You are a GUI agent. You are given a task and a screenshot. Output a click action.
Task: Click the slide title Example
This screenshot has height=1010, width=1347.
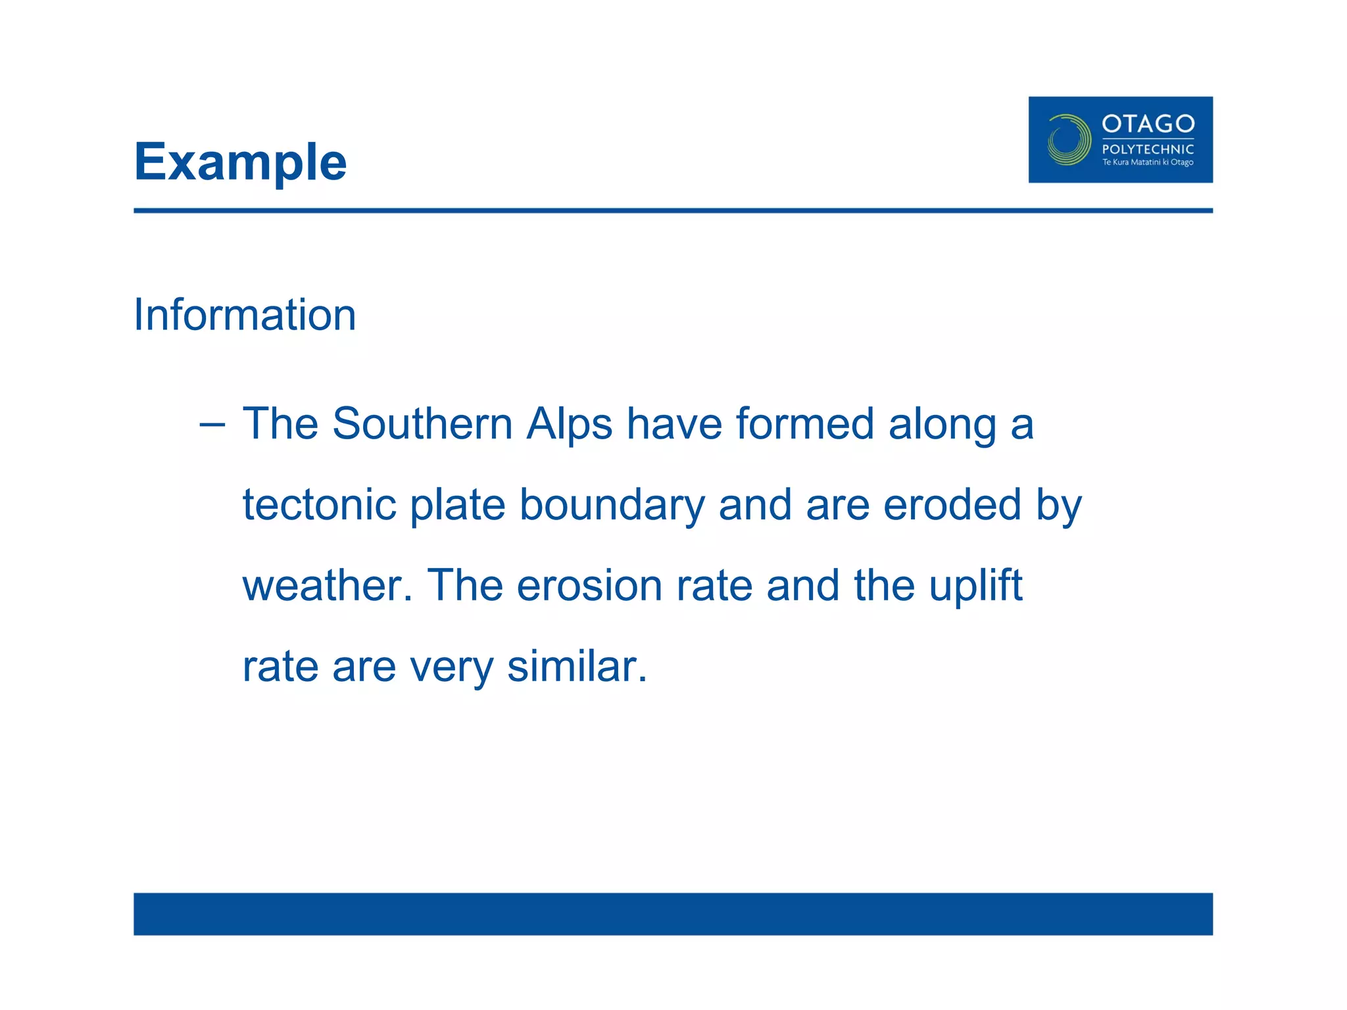pyautogui.click(x=240, y=162)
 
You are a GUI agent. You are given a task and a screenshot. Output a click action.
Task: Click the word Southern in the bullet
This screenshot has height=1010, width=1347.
pyautogui.click(x=422, y=423)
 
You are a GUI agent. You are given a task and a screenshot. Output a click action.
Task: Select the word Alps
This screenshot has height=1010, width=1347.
pyautogui.click(x=569, y=425)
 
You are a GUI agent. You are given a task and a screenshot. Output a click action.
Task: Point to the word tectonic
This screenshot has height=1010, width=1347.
pyautogui.click(x=320, y=505)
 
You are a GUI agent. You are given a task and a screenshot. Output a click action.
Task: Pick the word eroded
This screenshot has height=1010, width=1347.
pyautogui.click(x=952, y=505)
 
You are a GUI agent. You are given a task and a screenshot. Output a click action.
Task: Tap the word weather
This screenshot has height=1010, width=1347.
pyautogui.click(x=327, y=586)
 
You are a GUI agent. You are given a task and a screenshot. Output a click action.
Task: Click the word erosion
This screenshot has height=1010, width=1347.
pyautogui.click(x=589, y=586)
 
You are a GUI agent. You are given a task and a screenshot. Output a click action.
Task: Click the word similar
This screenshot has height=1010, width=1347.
pyautogui.click(x=577, y=667)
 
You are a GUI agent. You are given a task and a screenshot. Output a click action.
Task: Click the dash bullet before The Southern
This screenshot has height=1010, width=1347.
pyautogui.click(x=212, y=425)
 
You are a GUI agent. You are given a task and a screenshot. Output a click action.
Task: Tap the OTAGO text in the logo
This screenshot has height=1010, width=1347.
pyautogui.click(x=1148, y=124)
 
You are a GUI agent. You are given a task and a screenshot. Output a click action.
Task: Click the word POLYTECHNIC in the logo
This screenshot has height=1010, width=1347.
pyautogui.click(x=1148, y=149)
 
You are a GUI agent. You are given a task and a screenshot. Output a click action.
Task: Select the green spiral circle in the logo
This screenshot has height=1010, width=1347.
pyautogui.click(x=1068, y=139)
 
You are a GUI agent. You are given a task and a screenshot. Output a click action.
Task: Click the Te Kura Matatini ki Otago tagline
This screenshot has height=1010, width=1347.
pyautogui.click(x=1148, y=162)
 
